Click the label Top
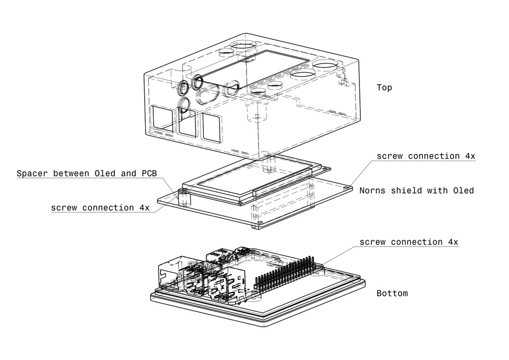(384, 88)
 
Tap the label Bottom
(392, 293)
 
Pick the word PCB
(148, 174)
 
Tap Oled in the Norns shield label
(463, 190)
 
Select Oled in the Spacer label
(104, 174)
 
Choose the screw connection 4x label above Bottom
(409, 242)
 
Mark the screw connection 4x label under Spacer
(100, 208)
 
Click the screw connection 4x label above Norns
(425, 156)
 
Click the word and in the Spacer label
(128, 174)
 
